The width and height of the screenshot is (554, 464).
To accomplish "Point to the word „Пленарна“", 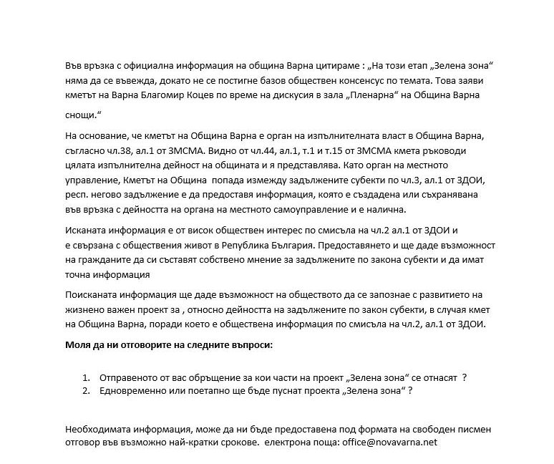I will (x=381, y=95).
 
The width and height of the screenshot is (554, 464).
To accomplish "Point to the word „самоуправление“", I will (x=343, y=209).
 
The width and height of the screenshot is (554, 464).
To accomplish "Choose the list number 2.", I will (x=86, y=390).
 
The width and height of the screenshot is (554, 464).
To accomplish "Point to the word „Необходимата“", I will (x=98, y=429).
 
